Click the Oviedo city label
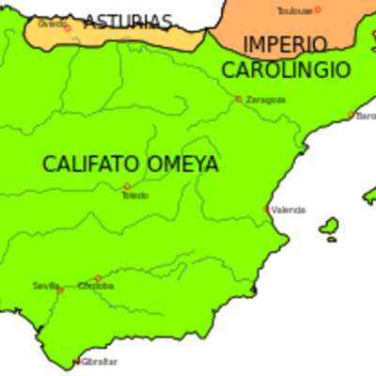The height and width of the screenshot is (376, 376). coord(53,23)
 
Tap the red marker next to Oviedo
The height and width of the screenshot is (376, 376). coord(67,27)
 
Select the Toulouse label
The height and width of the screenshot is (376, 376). coord(294,11)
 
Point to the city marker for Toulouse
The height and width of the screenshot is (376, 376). coord(318,9)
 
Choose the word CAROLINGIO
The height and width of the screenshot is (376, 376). coord(286,70)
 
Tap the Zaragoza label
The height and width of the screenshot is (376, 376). coord(265,99)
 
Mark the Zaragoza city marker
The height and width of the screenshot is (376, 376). coord(239,99)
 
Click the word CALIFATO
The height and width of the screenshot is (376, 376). coord(91,164)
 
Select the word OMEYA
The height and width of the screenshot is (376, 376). coord(183,164)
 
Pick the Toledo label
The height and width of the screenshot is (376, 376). coord(134,196)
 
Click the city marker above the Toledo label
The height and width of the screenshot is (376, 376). coord(127,186)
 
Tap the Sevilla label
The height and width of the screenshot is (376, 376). coord(45,285)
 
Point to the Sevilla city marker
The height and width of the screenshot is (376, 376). coord(61,290)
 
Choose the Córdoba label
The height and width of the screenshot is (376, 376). coord(96,286)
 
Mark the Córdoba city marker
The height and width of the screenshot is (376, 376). coord(98,278)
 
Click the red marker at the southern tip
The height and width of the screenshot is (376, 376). coord(78,363)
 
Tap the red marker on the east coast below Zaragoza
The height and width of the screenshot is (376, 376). coord(268,209)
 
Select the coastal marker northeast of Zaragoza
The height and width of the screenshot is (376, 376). coord(352,115)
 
